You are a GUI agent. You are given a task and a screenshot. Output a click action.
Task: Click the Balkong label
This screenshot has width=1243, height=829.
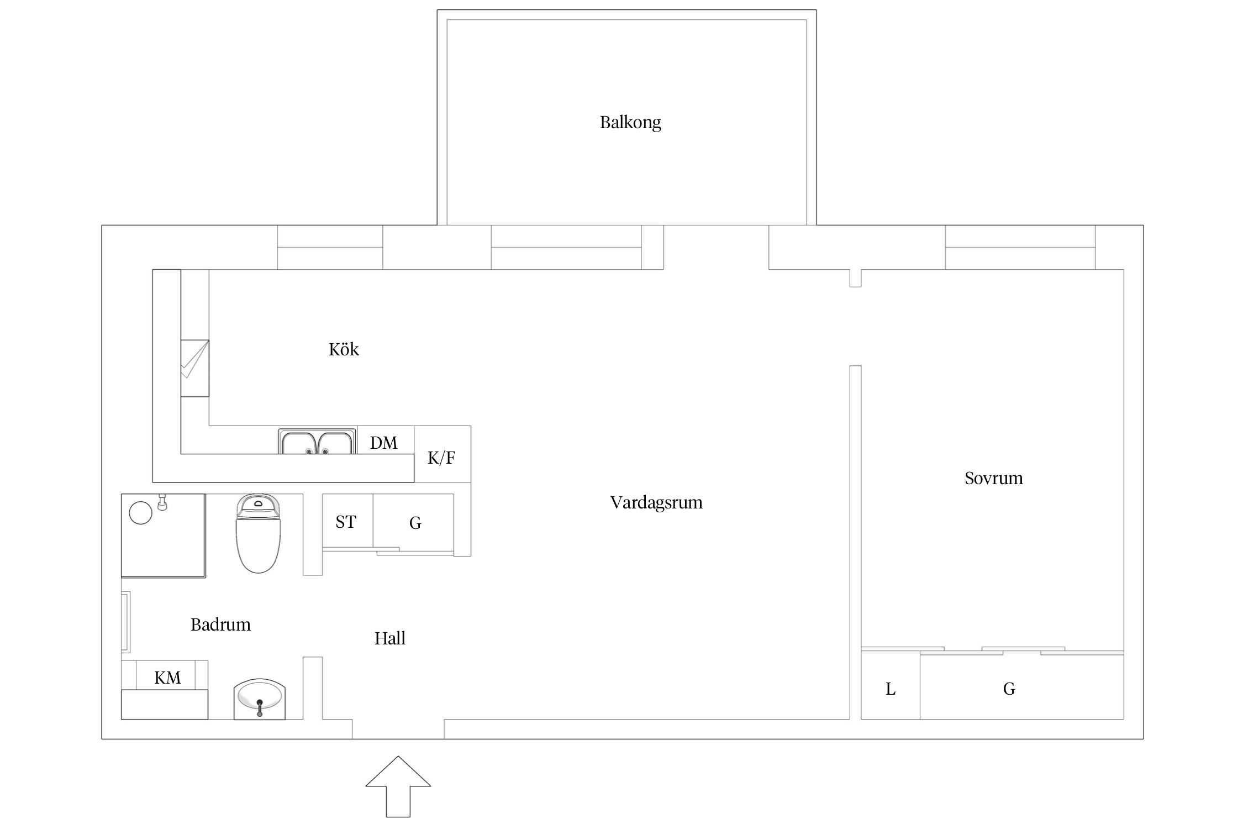click(630, 122)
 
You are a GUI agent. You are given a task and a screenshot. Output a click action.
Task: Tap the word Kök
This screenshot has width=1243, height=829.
click(344, 349)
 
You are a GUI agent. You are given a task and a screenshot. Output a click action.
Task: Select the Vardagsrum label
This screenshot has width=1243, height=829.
click(656, 502)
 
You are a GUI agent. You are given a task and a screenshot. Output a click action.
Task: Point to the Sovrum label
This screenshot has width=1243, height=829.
click(994, 478)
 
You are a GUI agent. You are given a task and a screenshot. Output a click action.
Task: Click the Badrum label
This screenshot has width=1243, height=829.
click(220, 625)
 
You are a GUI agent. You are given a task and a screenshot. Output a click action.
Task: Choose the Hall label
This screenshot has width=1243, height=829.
click(390, 638)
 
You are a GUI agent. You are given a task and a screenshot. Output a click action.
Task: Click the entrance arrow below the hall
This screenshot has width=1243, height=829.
click(398, 786)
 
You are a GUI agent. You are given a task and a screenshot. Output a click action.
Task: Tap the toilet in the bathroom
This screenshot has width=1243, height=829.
click(258, 533)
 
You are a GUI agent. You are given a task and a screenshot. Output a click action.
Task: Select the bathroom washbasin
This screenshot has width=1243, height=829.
click(259, 699)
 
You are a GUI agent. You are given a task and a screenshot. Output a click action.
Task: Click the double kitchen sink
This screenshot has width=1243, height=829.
click(317, 441)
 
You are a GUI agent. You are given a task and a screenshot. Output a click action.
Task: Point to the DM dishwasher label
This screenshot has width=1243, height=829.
click(384, 443)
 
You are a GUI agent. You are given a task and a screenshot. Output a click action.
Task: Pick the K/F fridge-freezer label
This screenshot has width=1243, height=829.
click(441, 458)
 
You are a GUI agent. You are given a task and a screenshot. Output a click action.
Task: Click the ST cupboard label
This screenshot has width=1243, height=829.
click(346, 522)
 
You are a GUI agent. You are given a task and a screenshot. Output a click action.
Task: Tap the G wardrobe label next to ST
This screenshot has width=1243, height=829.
click(415, 522)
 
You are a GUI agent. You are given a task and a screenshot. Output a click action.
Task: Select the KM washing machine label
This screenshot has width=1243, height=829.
click(167, 678)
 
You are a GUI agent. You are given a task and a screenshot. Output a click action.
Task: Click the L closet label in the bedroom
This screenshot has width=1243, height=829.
click(891, 689)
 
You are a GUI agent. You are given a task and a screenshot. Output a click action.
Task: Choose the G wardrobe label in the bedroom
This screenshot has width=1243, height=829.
click(1009, 689)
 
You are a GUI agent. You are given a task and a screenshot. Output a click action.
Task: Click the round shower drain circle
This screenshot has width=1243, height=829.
click(140, 513)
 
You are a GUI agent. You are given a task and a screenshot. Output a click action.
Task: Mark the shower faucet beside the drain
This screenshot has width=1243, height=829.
click(162, 502)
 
